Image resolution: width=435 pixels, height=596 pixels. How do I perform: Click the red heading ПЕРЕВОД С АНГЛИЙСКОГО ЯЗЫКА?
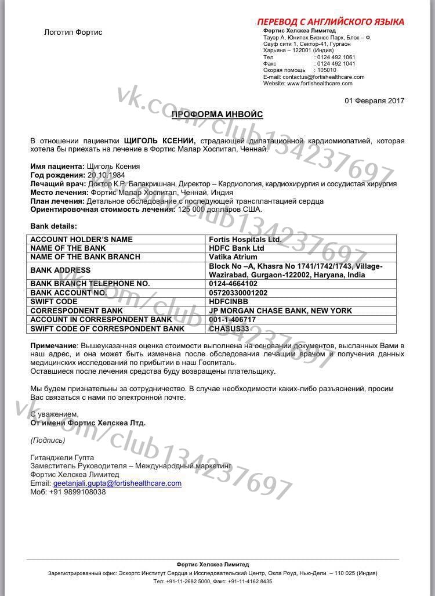click(x=331, y=22)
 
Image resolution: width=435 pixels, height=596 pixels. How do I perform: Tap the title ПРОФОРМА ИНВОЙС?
click(x=217, y=115)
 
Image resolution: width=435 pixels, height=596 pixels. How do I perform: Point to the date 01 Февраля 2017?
click(x=374, y=100)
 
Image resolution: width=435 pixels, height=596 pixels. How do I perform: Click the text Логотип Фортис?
click(x=73, y=32)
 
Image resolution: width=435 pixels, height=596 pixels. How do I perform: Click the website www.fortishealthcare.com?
click(x=316, y=84)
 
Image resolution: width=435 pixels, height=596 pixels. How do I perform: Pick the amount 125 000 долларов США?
click(x=220, y=209)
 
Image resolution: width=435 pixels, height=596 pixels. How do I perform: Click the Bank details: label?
click(x=53, y=226)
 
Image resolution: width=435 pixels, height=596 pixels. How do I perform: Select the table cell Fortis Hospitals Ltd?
click(x=244, y=240)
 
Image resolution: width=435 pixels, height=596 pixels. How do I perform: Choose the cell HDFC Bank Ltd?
click(x=235, y=248)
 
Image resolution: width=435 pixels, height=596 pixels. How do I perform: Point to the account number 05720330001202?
click(x=238, y=293)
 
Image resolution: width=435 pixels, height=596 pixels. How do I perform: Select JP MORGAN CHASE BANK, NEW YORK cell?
click(x=280, y=311)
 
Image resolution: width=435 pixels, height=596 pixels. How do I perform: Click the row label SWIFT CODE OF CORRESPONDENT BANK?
click(x=107, y=329)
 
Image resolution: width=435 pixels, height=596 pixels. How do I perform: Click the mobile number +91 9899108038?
click(x=77, y=492)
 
